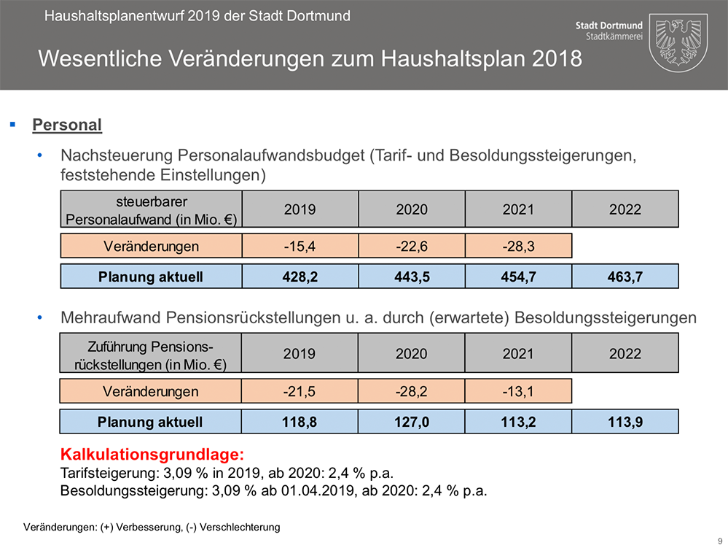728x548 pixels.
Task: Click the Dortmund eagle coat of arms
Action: click(678, 41)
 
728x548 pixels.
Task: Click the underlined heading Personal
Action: click(67, 125)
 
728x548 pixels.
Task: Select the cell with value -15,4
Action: click(300, 247)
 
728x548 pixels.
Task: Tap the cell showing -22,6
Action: click(411, 247)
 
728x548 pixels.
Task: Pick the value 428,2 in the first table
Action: click(300, 277)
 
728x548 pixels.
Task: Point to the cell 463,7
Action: click(625, 277)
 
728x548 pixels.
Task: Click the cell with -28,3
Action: click(518, 247)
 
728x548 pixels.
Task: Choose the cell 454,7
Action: click(518, 277)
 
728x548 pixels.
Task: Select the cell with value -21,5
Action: click(300, 392)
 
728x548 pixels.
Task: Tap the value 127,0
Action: click(411, 422)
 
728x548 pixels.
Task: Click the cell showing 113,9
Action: click(625, 422)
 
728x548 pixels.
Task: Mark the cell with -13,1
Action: click(518, 392)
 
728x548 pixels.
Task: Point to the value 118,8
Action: click(300, 422)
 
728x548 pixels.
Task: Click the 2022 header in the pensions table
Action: click(625, 354)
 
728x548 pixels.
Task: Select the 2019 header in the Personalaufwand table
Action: click(300, 209)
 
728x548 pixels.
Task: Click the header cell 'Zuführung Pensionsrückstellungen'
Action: click(151, 354)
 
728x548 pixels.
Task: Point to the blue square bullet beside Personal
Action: click(12, 125)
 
